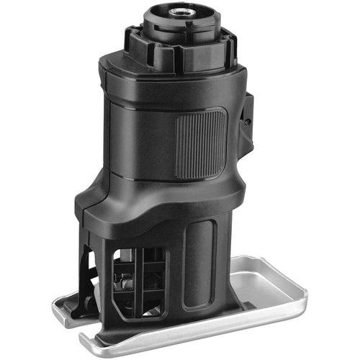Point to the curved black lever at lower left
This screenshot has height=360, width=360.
88,281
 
